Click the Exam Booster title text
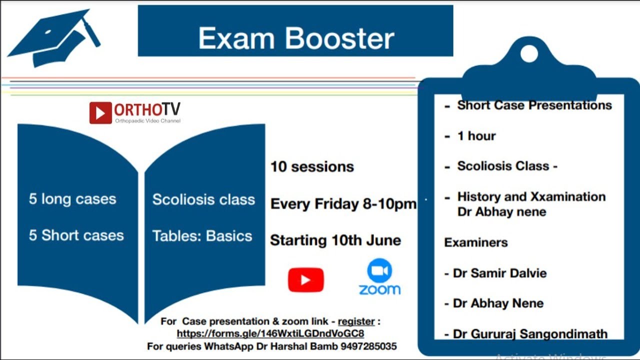coord(296,39)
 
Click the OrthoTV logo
coord(135,112)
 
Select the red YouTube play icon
coord(305,280)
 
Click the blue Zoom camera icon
coord(379,271)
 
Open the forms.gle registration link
coord(270,333)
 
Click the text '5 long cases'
coord(72,199)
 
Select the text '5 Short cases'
coord(76,235)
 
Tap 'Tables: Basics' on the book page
coord(202,236)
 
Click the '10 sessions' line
coord(312,167)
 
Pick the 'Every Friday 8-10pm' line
coord(343,204)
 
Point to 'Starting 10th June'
coord(335,240)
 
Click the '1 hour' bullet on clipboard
coord(476,136)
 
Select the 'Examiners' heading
coord(475,242)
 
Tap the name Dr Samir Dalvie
coord(499,273)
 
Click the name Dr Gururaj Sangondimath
coord(530,333)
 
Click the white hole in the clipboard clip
coord(529,53)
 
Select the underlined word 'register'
coord(356,321)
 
